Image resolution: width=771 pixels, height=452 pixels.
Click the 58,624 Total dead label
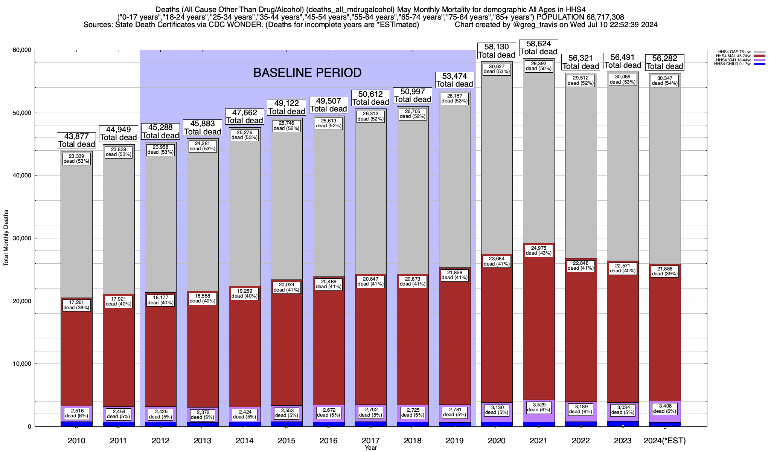coord(538,48)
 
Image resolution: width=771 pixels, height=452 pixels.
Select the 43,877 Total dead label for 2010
coord(76,140)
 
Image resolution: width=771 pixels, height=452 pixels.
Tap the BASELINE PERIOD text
coord(307,73)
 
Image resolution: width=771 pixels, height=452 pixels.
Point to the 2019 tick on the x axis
coord(454,441)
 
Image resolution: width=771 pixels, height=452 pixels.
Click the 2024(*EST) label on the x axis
coord(665,441)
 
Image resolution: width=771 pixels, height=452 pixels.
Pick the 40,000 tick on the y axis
coord(22,176)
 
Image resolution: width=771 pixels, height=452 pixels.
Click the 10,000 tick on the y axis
coord(22,364)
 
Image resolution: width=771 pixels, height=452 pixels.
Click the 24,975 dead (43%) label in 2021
coord(538,250)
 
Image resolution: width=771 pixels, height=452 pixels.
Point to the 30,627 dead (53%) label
coord(497,69)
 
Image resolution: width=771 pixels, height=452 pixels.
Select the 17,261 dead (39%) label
coord(76,305)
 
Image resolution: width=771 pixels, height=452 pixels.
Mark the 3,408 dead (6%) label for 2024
coord(665,409)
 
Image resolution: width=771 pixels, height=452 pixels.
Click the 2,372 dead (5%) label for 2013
coord(203,415)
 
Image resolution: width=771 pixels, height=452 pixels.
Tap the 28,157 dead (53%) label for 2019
coord(454,98)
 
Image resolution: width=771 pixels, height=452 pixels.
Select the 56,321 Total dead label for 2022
coord(581,62)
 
